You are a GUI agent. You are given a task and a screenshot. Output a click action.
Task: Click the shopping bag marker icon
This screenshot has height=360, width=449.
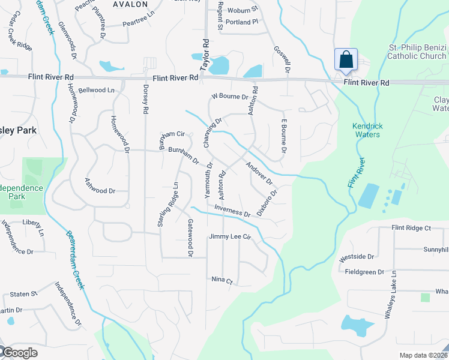(x=346, y=60)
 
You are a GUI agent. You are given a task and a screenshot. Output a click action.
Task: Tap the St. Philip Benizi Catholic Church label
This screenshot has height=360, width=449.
(x=417, y=52)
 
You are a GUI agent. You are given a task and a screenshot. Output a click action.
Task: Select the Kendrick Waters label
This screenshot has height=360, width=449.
(x=367, y=130)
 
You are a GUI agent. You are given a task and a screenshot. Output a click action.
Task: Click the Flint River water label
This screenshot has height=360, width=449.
(x=357, y=173)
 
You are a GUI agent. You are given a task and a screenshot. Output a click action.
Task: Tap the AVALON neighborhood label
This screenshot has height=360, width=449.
(x=130, y=4)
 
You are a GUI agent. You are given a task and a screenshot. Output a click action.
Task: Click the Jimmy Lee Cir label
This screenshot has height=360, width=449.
(x=229, y=237)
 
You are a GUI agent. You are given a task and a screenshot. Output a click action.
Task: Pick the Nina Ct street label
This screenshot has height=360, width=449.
(x=221, y=280)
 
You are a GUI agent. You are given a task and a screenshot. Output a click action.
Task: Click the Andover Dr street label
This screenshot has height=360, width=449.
(x=259, y=173)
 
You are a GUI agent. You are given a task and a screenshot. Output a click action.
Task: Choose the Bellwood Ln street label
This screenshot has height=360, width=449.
(x=96, y=90)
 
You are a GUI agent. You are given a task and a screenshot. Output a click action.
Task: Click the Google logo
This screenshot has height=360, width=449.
(x=20, y=353)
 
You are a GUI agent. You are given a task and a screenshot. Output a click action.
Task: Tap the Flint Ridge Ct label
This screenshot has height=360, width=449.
(x=411, y=228)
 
